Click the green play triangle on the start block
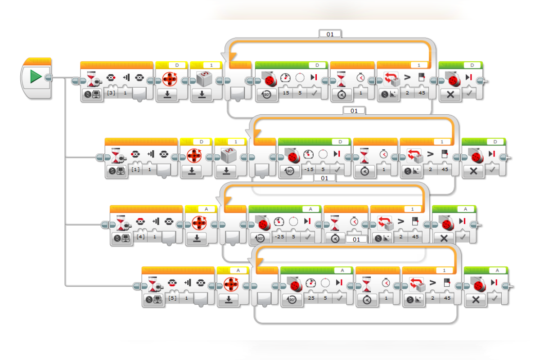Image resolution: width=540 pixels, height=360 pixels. (36, 77)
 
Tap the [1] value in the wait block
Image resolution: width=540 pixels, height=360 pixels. (135, 169)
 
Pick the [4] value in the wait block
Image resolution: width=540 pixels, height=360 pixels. (140, 237)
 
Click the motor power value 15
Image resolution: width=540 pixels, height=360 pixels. (285, 93)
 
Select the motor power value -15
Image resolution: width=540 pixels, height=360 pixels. (308, 170)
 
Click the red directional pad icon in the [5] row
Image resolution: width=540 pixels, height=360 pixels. (230, 283)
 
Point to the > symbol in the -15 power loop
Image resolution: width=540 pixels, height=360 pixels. (430, 154)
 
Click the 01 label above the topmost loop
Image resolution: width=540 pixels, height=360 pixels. (330, 34)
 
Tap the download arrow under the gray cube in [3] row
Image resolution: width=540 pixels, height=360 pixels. (202, 94)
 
